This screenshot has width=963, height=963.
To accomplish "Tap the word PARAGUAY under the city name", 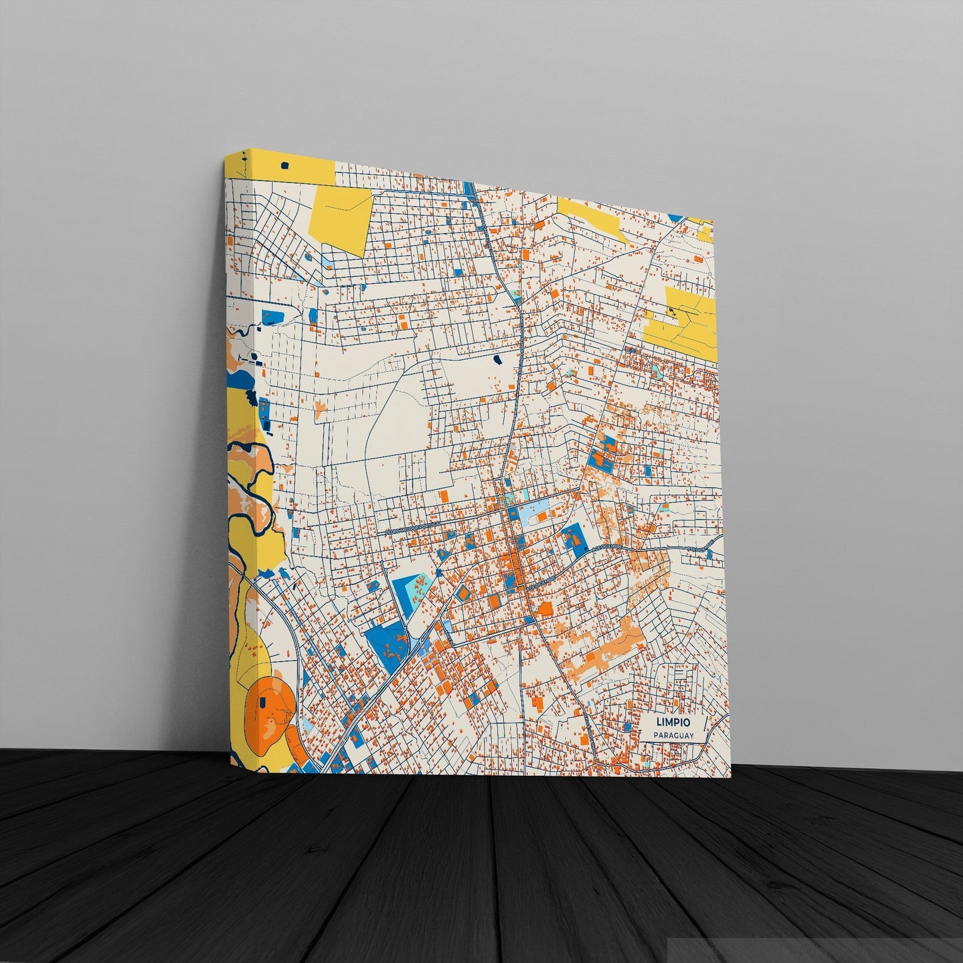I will click(x=674, y=735).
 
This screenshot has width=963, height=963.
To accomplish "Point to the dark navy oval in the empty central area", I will click(x=496, y=360).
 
